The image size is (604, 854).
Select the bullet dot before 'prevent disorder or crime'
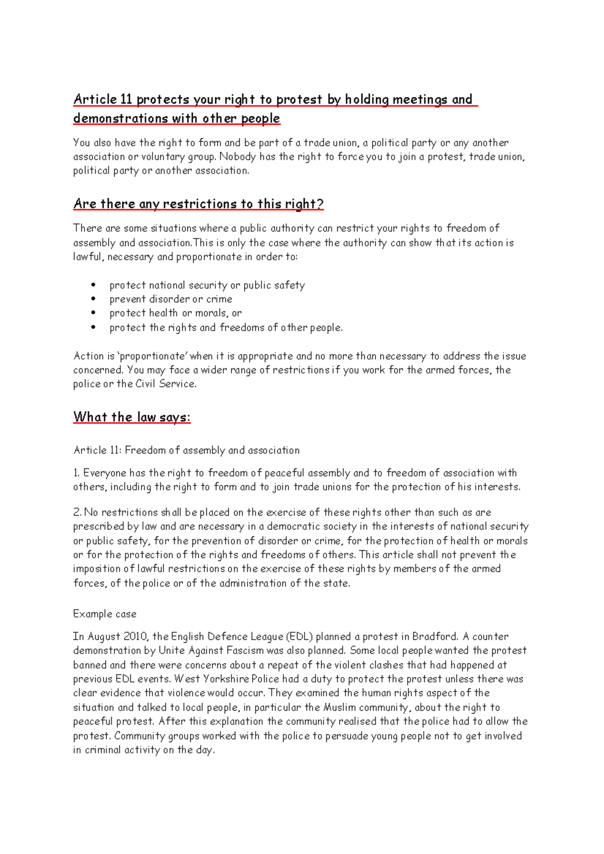94,299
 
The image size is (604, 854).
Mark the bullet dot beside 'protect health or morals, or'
94,313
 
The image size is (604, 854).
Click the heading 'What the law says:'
132,417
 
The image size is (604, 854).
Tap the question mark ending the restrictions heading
320,204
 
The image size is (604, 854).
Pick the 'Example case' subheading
105,614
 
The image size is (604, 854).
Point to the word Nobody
237,156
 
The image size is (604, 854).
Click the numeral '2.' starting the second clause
77,513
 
